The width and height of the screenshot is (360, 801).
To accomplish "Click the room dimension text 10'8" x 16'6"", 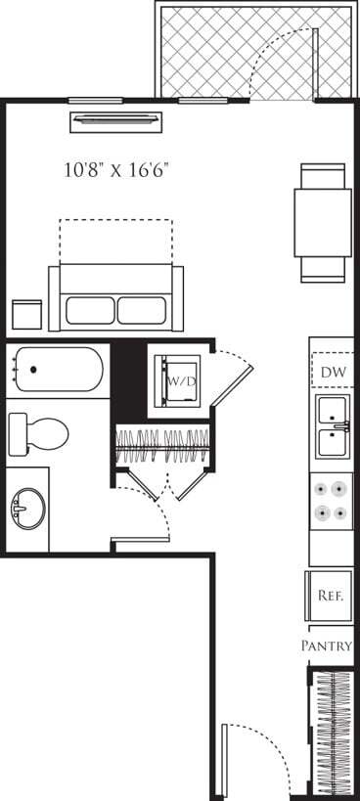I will coord(116,169).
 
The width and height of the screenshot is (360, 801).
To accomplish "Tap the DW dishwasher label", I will coord(331,373).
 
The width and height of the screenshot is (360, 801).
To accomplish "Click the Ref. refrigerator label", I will coord(330,596).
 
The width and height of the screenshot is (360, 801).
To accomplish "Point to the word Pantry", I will coord(326,645).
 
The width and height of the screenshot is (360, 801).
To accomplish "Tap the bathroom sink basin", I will coord(23,509).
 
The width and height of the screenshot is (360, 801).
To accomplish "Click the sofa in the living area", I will coord(116,298).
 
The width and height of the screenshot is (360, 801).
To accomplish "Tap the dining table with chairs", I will coord(323,222).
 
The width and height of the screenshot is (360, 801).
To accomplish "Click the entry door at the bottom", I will coord(256,758).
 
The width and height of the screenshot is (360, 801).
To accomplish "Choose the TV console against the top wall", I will coord(116,120).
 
